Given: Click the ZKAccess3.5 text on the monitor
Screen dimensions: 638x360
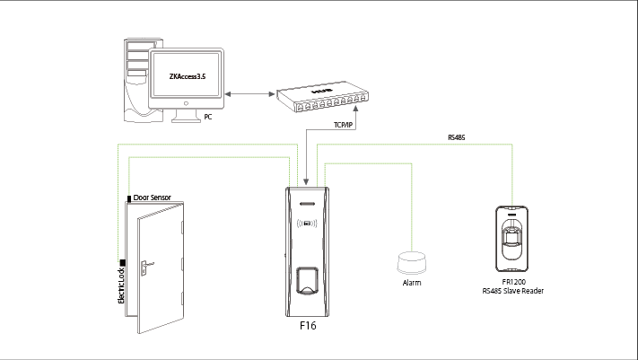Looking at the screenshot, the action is coord(188,76).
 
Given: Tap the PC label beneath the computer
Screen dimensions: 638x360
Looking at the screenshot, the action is coord(208,117).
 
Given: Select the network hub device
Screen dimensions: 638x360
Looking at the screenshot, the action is coord(322,96).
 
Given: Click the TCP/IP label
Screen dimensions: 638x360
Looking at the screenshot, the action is coord(343,125).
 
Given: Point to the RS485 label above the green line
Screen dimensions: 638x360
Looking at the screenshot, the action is coord(456,137).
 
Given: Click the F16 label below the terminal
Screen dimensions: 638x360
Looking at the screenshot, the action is coord(308,325).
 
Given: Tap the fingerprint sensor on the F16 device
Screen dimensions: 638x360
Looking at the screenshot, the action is coord(307,280).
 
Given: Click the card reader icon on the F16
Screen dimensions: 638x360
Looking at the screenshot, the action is coord(307,224).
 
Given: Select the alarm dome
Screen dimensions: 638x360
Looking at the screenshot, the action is coord(411,263).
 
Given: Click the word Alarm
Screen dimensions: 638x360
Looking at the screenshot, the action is coord(411,283).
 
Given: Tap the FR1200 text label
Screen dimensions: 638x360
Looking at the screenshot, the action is coord(513,282).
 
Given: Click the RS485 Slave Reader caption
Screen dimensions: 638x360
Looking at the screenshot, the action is coord(512,291).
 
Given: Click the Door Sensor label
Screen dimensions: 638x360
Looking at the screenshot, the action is coord(153,198).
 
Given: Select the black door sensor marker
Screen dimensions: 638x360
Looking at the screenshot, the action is coord(129,198).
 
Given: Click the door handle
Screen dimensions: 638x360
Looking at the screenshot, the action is coord(146,267).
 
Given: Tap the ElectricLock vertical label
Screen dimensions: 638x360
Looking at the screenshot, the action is coord(121,285).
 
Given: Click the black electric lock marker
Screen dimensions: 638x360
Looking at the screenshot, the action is coord(122,263).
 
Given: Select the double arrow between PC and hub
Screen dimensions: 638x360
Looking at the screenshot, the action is coord(249,94).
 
